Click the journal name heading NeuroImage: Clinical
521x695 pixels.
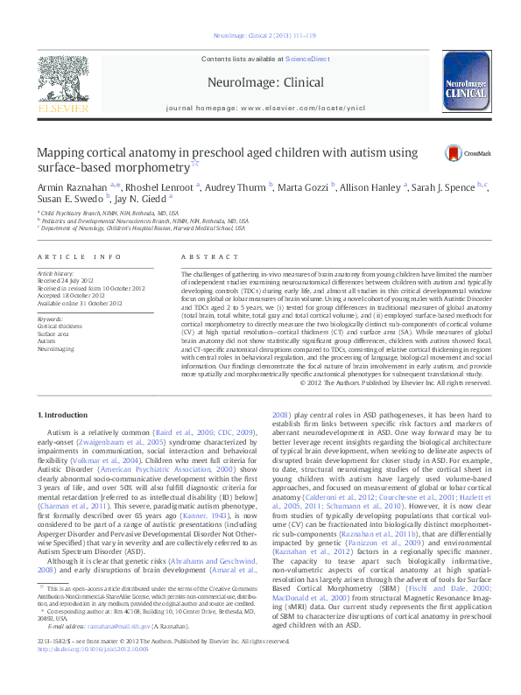260,81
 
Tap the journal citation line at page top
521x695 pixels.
260,36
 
